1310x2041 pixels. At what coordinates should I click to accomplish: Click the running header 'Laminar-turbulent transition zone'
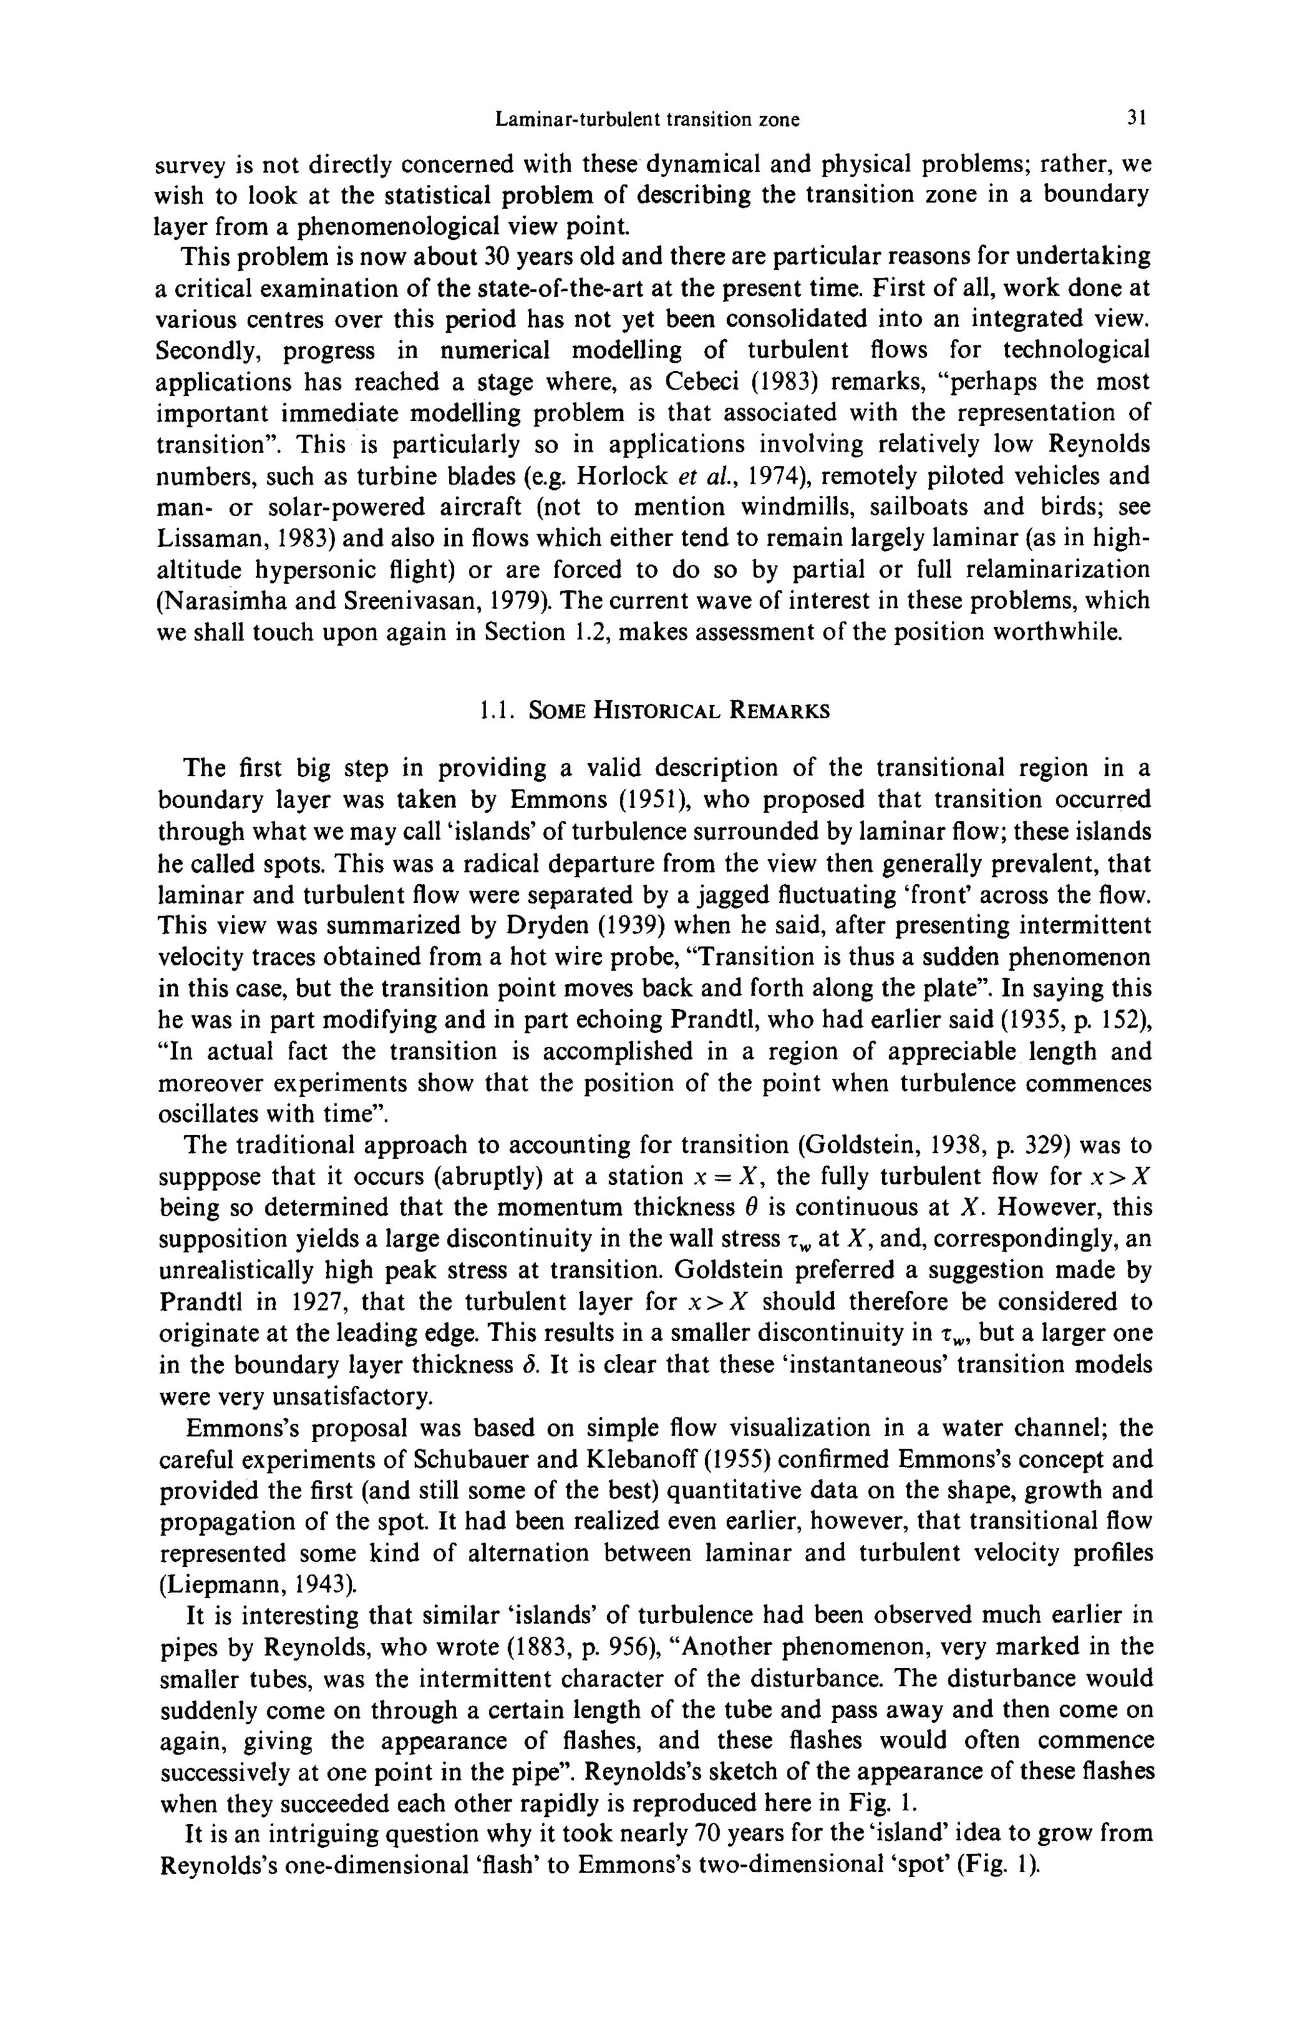pyautogui.click(x=647, y=119)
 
